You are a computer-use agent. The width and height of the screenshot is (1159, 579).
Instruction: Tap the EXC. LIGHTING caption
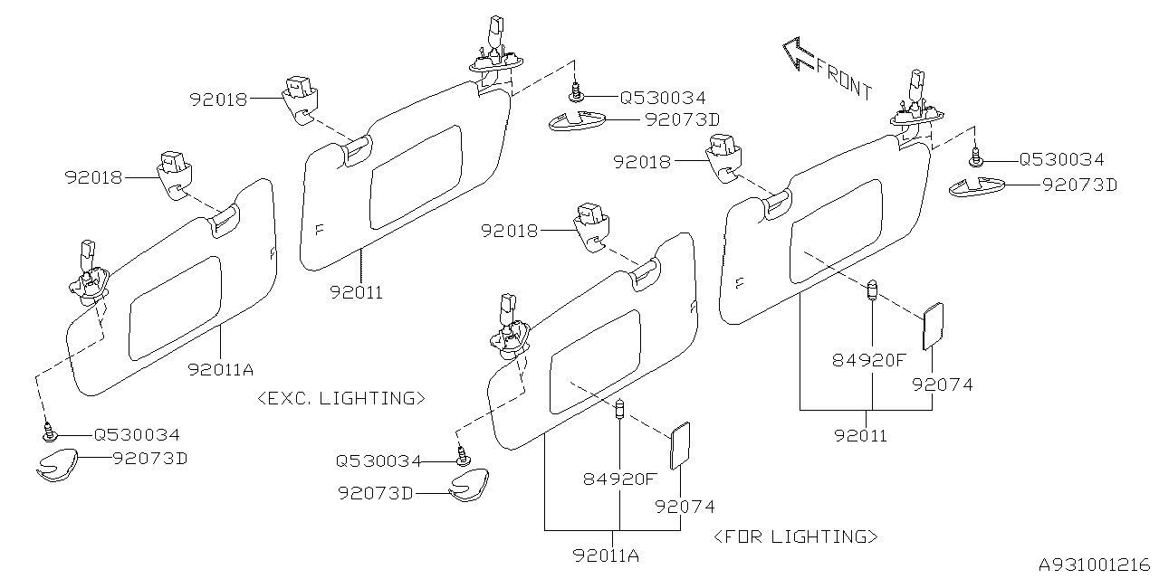point(341,398)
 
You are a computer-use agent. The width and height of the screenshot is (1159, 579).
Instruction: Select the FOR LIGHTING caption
point(796,536)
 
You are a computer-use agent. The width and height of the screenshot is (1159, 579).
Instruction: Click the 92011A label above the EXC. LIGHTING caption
point(221,369)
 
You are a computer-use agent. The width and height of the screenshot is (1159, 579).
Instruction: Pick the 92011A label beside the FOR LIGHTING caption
point(606,555)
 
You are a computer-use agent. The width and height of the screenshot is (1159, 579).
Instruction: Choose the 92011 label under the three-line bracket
point(861,436)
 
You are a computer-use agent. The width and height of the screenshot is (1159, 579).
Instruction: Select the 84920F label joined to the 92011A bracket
point(620,479)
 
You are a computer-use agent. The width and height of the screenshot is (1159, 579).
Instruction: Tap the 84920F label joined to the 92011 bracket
point(869,360)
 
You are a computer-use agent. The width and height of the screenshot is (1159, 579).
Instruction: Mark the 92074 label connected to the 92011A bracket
point(685,507)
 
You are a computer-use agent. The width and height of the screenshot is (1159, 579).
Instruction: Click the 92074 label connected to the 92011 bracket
point(943,384)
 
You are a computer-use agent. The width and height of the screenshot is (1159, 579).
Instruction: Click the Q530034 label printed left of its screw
point(378,460)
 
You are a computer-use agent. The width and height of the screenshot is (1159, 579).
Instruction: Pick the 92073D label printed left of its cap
point(376,493)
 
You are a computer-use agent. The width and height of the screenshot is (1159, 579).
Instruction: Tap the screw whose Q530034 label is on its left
point(463,458)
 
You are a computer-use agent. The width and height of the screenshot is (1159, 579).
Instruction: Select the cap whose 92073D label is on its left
point(471,485)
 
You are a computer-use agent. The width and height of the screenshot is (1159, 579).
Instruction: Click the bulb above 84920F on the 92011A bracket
point(620,408)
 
